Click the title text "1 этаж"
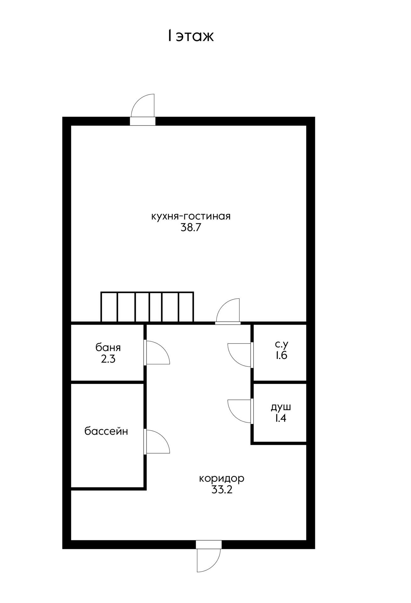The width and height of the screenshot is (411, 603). [x=191, y=35]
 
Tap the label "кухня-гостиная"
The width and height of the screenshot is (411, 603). [x=191, y=216]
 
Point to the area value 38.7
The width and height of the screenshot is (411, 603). [x=191, y=227]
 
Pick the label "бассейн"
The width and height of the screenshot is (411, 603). [x=106, y=431]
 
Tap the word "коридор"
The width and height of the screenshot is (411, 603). [x=222, y=479]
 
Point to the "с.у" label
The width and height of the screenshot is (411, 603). [x=282, y=345]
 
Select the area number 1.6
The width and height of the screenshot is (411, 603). [x=282, y=356]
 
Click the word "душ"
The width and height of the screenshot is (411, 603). [x=281, y=407]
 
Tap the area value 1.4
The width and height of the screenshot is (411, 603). [x=281, y=418]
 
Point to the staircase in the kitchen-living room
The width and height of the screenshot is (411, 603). [x=147, y=307]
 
